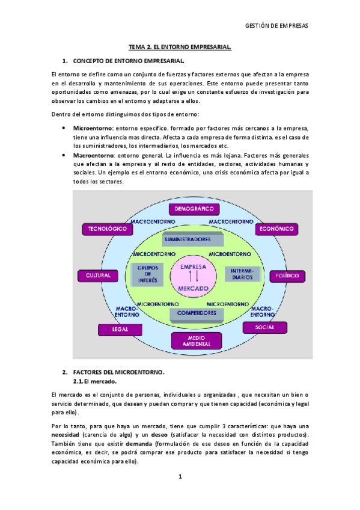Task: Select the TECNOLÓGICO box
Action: click(x=107, y=229)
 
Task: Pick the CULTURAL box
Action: click(x=96, y=275)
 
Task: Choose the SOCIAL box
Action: click(x=264, y=327)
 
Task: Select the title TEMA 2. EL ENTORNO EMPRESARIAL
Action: click(x=180, y=47)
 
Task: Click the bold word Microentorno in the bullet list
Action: click(x=93, y=128)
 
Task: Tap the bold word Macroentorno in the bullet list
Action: click(x=93, y=156)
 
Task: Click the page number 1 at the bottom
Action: click(x=180, y=477)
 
